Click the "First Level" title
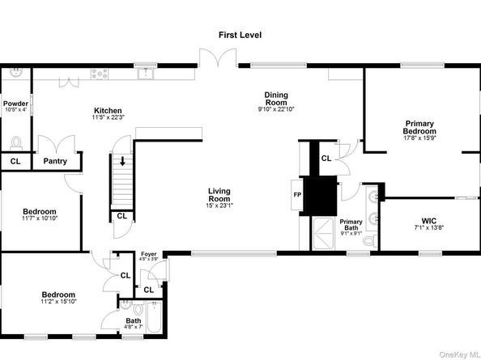click(x=240, y=35)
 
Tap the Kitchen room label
click(x=108, y=111)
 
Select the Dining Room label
click(x=275, y=99)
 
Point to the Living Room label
click(x=219, y=195)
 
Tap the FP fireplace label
click(x=297, y=194)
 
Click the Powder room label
click(x=15, y=104)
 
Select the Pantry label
click(x=56, y=160)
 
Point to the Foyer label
click(x=148, y=254)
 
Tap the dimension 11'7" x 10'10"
click(x=40, y=218)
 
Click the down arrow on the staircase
click(x=123, y=161)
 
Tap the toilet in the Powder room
click(x=16, y=142)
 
